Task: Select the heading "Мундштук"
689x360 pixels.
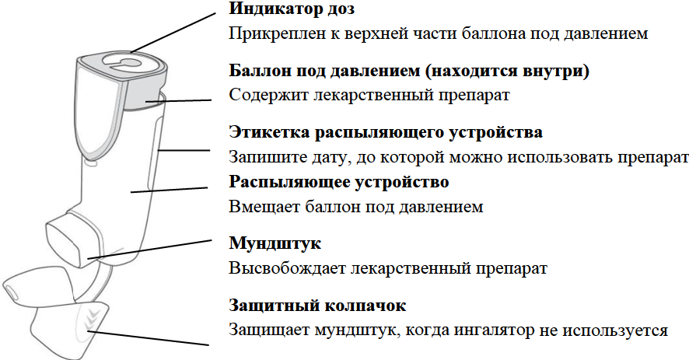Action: pyautogui.click(x=275, y=243)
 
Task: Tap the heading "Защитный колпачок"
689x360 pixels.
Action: pyautogui.click(x=318, y=305)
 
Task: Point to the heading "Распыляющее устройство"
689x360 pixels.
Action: pyautogui.click(x=340, y=183)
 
